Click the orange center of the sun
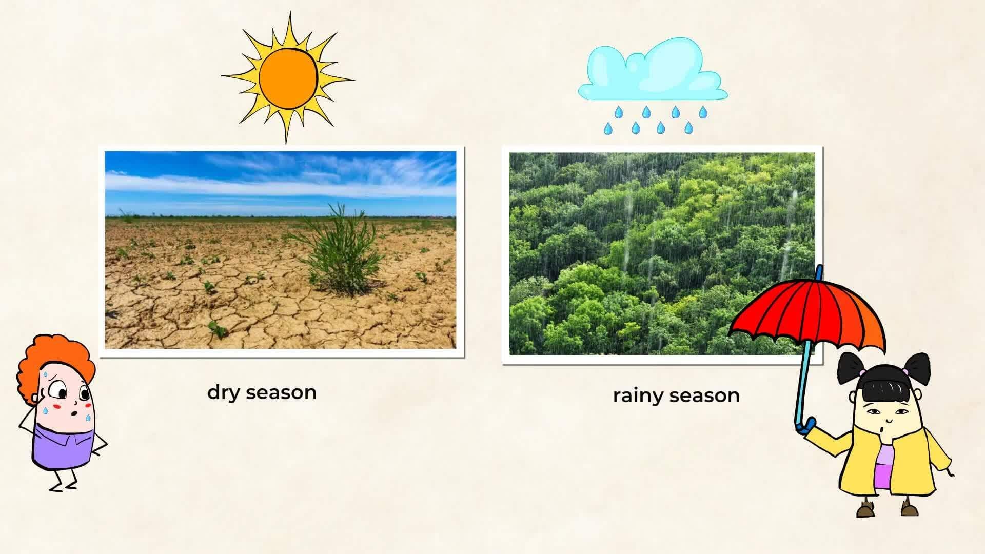[288, 77]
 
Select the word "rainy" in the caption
[638, 396]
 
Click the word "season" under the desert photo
[281, 393]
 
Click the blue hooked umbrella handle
[803, 425]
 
